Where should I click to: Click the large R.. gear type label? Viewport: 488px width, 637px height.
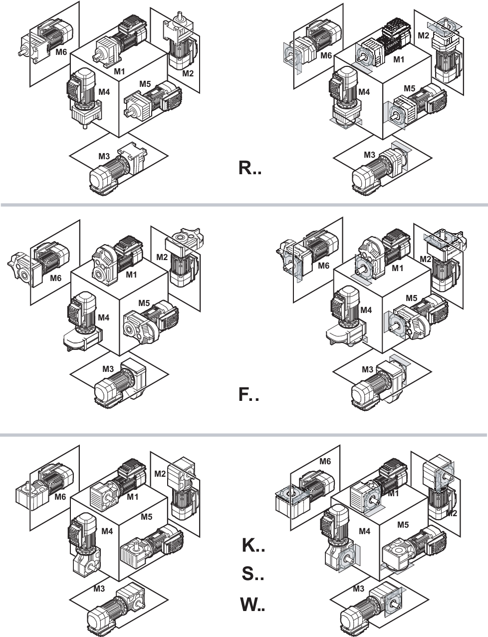[x=250, y=168]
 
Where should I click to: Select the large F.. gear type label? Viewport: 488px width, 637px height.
[x=248, y=394]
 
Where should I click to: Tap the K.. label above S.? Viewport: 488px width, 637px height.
[x=253, y=545]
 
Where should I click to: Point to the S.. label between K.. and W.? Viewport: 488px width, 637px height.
[x=253, y=574]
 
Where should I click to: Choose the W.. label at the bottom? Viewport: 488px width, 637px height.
[x=253, y=604]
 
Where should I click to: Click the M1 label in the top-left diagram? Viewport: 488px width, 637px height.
[x=119, y=71]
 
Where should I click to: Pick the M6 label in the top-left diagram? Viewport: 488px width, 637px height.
[x=61, y=52]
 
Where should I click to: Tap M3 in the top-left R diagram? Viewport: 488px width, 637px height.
[x=104, y=156]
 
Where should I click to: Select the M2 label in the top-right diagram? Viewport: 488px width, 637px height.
[x=423, y=35]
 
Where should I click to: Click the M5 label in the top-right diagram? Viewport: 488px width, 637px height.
[x=410, y=88]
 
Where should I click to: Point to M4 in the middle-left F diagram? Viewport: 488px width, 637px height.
[x=104, y=317]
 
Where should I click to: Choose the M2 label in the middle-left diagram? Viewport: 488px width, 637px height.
[x=162, y=257]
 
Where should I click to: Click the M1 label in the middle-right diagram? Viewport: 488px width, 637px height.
[x=398, y=268]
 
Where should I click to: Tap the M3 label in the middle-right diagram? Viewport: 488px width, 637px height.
[x=368, y=369]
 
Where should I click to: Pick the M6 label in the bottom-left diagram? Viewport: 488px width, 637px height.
[x=60, y=497]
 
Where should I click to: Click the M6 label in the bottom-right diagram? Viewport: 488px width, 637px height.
[x=325, y=461]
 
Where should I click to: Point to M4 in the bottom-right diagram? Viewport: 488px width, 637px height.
[x=364, y=531]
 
